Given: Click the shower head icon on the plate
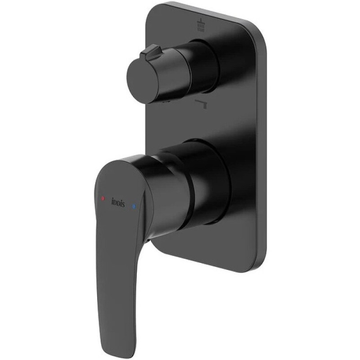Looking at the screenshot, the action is pyautogui.click(x=201, y=24).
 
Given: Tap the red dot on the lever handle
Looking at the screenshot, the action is pyautogui.click(x=103, y=198).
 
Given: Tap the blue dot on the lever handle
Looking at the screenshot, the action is pyautogui.click(x=134, y=207).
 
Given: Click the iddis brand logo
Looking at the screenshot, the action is pyautogui.click(x=118, y=202).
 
